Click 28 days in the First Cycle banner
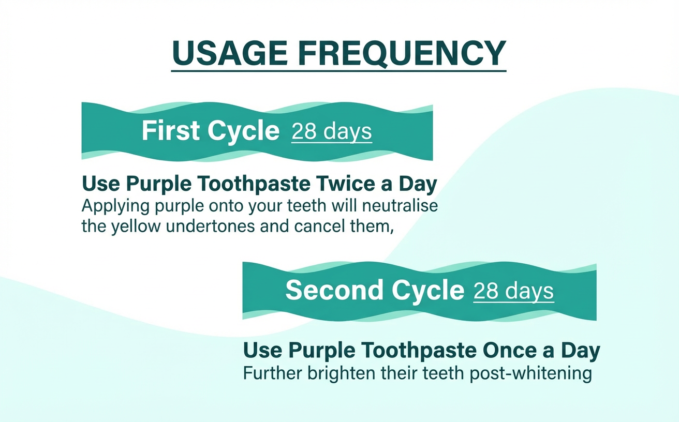click(x=331, y=132)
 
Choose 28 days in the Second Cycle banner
click(x=513, y=291)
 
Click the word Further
click(x=274, y=373)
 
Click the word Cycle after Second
click(x=427, y=291)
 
